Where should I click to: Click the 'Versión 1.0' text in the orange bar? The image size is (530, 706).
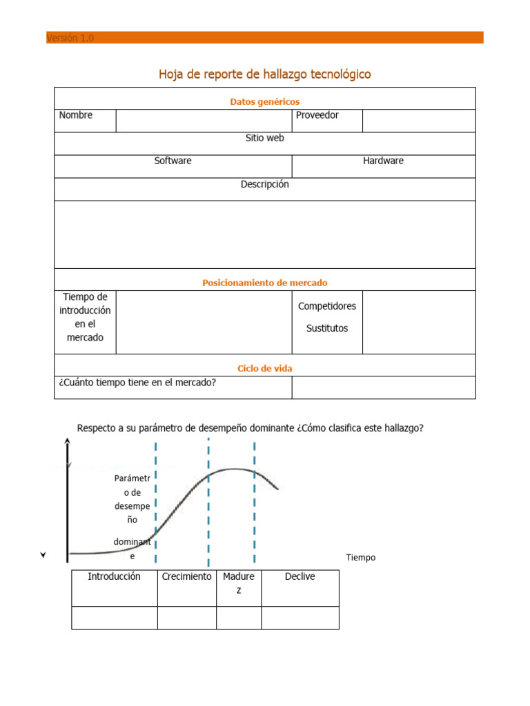[x=70, y=38]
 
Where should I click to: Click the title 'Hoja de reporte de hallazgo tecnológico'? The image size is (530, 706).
[x=264, y=74]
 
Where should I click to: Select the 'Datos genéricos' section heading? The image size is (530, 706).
[x=264, y=101]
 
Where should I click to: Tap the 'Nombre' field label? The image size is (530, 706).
[x=76, y=115]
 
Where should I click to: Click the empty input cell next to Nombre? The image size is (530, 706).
[x=204, y=121]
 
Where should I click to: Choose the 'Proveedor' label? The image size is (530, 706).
[x=317, y=115]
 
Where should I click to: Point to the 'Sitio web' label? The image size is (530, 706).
[x=264, y=138]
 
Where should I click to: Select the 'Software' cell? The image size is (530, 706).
[x=173, y=161]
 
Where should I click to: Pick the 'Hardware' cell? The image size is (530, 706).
[x=383, y=161]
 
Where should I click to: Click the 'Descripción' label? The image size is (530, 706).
[x=264, y=184]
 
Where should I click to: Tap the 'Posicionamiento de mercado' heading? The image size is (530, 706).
[x=264, y=283]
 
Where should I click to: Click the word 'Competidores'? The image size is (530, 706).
[x=327, y=305]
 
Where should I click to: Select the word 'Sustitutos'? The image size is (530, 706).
[x=327, y=328]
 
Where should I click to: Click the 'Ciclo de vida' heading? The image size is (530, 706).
[x=264, y=368]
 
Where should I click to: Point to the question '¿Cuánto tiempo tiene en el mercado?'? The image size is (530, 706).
[x=137, y=383]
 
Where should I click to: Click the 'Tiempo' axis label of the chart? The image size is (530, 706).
[x=361, y=557]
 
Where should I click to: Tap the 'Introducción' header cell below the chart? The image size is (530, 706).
[x=114, y=576]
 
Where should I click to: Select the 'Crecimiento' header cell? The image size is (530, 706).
[x=186, y=576]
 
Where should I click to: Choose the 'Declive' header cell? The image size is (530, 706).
[x=300, y=576]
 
